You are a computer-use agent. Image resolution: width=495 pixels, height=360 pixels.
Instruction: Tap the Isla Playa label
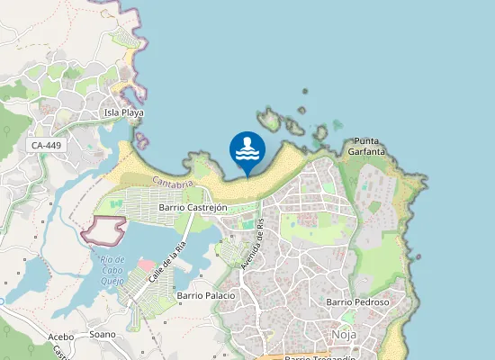tap(124, 113)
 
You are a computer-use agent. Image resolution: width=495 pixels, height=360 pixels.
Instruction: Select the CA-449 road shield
tap(45, 145)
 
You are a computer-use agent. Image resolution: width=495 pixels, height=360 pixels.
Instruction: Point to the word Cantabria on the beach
tap(174, 183)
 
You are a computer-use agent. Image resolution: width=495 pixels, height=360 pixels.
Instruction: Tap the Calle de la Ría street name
tap(167, 259)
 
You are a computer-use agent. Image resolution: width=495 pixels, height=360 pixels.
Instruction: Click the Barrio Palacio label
tap(206, 295)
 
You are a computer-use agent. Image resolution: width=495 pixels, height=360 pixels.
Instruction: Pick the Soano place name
tap(103, 334)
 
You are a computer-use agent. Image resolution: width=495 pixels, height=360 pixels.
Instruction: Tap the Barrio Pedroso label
tap(357, 302)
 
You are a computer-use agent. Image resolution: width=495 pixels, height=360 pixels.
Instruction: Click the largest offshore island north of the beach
tap(269, 120)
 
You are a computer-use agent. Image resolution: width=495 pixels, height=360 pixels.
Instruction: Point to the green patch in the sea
tap(337, 124)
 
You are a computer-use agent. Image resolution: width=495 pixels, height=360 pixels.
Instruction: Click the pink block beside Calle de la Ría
tap(145, 266)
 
